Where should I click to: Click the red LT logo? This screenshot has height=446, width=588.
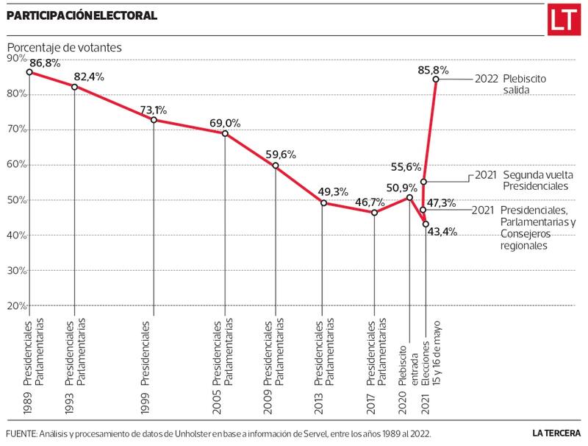[x=563, y=21]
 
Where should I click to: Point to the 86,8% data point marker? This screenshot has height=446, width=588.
[x=29, y=72]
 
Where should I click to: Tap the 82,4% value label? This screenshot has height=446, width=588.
[x=88, y=76]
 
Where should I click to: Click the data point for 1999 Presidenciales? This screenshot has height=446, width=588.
[x=154, y=119]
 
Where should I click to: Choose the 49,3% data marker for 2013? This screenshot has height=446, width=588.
[x=323, y=203]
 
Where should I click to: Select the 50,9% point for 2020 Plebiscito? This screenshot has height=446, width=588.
[x=409, y=197]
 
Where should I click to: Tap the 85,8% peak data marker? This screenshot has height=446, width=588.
[x=436, y=79]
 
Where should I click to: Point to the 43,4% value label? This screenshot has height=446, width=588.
[x=442, y=232]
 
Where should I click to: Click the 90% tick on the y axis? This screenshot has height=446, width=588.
[x=16, y=59]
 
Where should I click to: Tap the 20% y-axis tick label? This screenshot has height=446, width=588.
[x=16, y=305]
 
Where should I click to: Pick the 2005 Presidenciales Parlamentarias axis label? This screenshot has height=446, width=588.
[x=223, y=353]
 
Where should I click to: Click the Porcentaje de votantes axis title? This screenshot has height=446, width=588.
[x=65, y=47]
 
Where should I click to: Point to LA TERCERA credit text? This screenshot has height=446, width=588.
[x=556, y=433]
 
